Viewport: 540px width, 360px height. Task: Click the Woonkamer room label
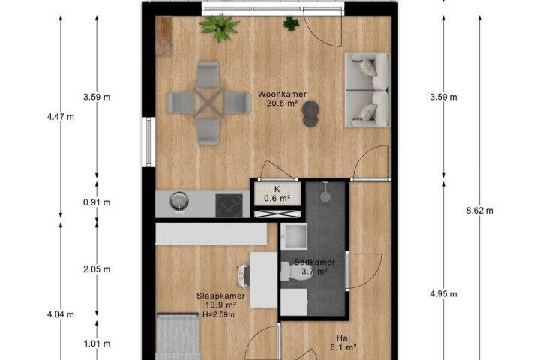click(283, 94)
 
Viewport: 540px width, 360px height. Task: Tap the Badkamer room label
click(314, 262)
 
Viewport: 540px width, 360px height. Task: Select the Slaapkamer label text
click(220, 295)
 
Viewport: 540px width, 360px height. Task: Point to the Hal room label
click(343, 338)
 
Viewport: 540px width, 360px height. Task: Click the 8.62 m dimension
click(480, 211)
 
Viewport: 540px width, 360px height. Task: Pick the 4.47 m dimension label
click(61, 117)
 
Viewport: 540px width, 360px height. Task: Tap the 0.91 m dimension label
click(97, 202)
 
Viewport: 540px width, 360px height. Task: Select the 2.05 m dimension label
click(97, 269)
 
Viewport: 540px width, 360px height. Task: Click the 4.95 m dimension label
click(443, 294)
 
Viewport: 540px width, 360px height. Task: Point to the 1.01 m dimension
click(97, 343)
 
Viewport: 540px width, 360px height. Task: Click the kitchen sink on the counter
click(179, 202)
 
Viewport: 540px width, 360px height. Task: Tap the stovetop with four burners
click(229, 205)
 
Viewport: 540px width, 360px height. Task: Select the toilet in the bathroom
click(295, 271)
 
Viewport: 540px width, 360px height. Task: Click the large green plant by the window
click(219, 27)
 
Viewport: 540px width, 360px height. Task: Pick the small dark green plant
click(291, 23)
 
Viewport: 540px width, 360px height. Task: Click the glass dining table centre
click(208, 102)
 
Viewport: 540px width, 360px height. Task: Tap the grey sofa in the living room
click(367, 90)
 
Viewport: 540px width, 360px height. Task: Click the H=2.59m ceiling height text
click(218, 314)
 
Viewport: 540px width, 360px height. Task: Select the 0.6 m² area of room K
click(277, 199)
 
